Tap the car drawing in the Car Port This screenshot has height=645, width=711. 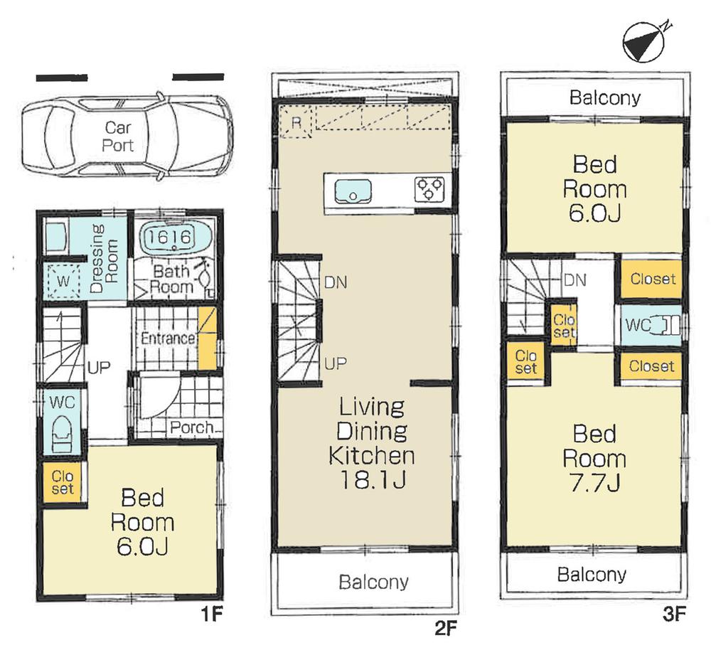coord(127,136)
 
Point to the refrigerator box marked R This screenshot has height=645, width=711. coord(296,123)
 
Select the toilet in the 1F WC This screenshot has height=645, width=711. coord(63,430)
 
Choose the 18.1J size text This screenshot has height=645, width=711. coord(372,481)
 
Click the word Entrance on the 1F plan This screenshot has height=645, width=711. coord(168,339)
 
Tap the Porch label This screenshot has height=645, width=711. coord(191,427)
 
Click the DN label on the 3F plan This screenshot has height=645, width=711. coord(574,280)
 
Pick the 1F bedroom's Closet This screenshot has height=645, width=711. coord(62,481)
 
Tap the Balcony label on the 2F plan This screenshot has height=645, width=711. coord(373,582)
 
